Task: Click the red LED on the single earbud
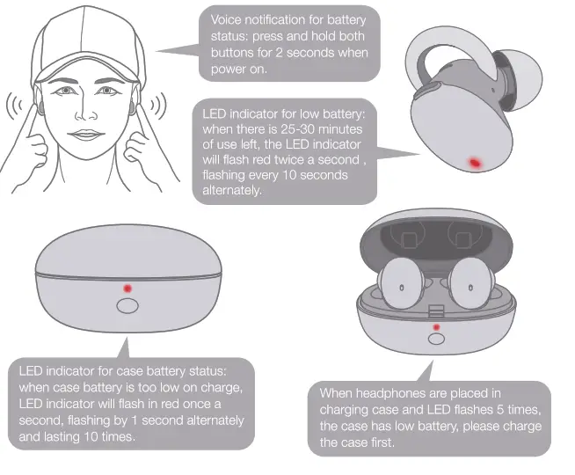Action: (x=475, y=163)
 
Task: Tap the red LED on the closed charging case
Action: (x=127, y=288)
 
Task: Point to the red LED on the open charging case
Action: (x=435, y=326)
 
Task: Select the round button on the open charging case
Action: (x=435, y=339)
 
